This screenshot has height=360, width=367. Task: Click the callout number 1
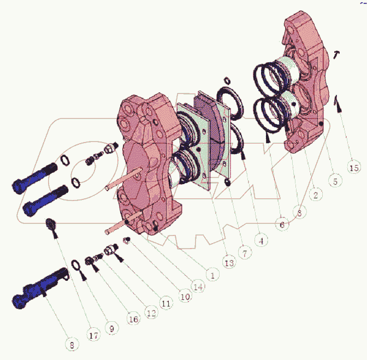212,274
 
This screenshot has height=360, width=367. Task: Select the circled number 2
316,194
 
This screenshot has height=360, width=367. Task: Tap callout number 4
261,240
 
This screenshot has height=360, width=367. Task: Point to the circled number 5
335,181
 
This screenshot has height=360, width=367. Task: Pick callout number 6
282,224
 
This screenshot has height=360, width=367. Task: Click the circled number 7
245,252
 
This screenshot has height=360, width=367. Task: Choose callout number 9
112,328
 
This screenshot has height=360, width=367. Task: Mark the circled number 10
185,296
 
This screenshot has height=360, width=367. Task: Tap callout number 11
166,303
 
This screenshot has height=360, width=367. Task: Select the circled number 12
151,312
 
